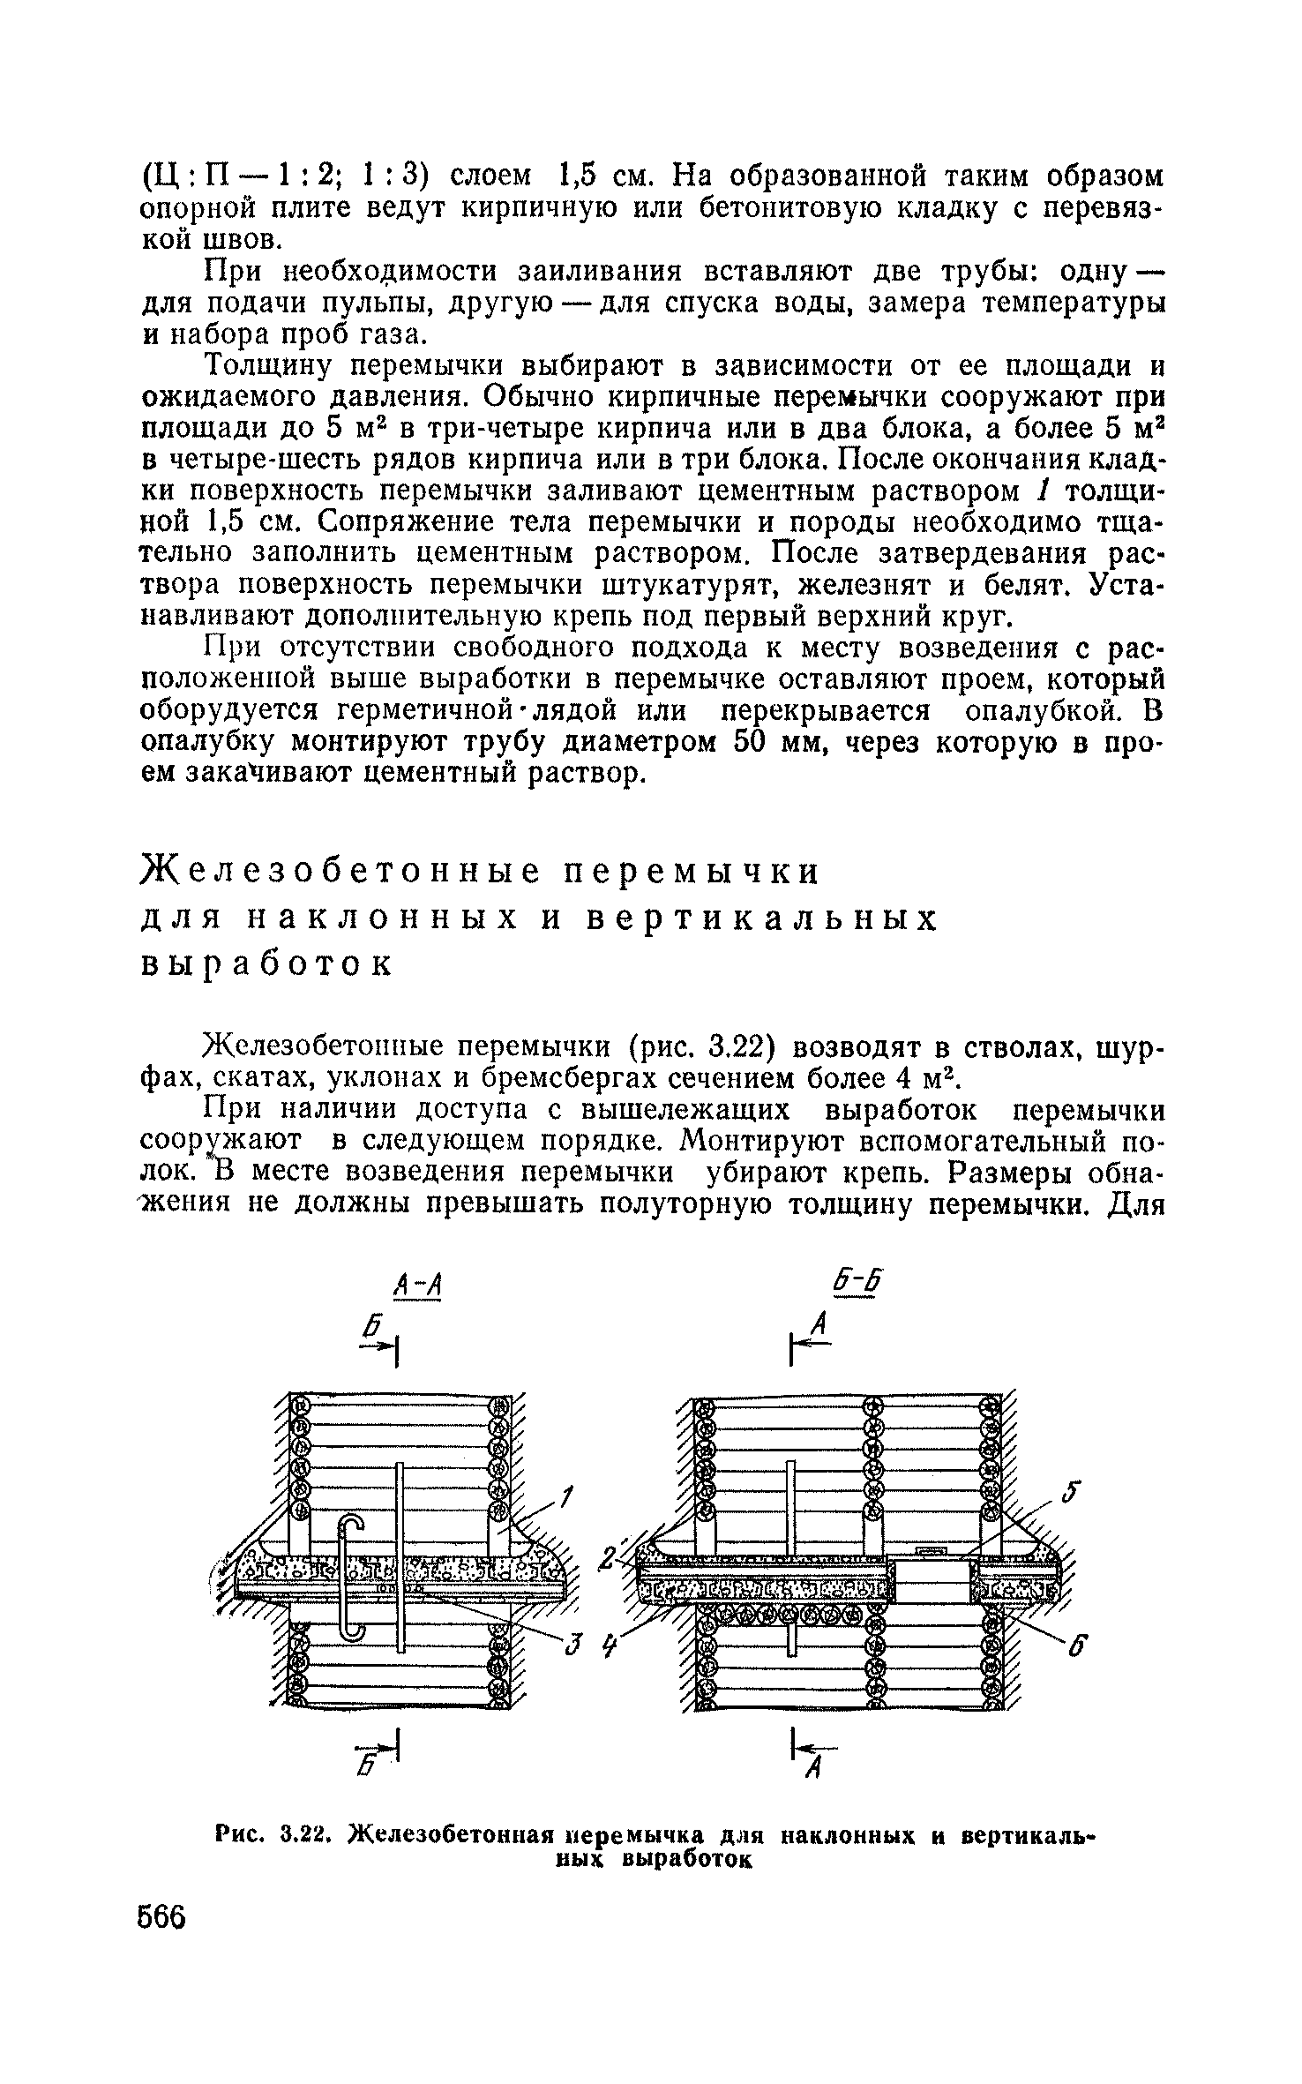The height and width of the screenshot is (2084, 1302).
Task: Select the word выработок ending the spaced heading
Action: click(x=266, y=964)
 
